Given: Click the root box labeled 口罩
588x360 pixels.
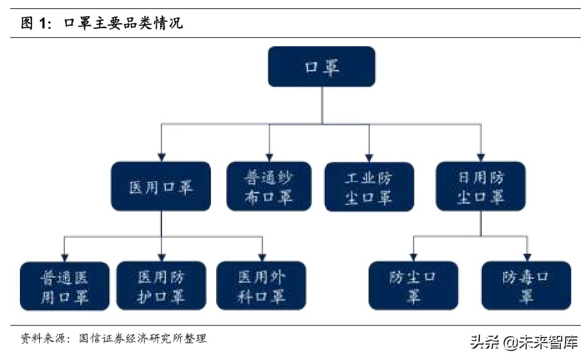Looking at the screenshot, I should point(321,67).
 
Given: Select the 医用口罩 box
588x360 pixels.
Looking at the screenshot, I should point(161,186).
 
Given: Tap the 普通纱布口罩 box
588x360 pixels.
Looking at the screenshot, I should point(269,186).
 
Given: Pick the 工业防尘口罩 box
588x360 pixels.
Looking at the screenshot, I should point(369,186).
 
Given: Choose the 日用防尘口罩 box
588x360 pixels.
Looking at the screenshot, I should point(480,186).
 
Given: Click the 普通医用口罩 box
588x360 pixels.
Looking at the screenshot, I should point(64,286).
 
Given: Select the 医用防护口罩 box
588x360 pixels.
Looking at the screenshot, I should point(161,286).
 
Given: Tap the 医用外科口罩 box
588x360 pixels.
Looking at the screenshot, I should point(261,286).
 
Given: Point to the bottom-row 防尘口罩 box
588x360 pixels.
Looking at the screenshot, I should point(413,285).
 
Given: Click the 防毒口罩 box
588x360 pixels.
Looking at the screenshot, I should point(526,285).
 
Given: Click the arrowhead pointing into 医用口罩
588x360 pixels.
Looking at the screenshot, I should point(161,156).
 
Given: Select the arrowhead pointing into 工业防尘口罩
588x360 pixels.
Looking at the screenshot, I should point(369,156).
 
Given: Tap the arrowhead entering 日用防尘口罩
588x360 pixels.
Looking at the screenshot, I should point(480,156).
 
